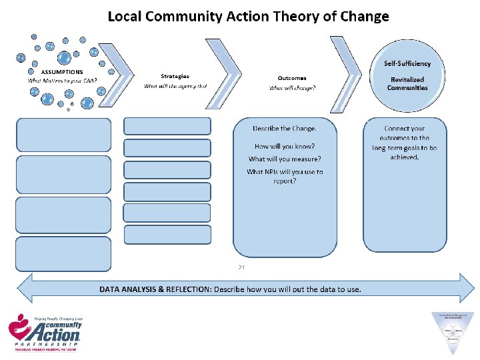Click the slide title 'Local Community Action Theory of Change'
(248, 16)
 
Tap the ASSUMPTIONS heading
(62, 72)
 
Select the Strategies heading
(175, 76)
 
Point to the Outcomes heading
(292, 78)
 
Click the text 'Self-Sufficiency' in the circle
(407, 64)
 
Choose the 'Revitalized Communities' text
(407, 83)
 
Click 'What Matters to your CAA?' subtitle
(62, 81)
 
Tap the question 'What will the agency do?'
(175, 86)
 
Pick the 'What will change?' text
(292, 88)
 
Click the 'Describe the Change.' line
(285, 128)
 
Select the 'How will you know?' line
(285, 146)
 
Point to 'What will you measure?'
(285, 159)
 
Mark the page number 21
(241, 267)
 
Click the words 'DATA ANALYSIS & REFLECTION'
(153, 289)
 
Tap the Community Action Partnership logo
(45, 332)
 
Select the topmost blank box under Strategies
(167, 126)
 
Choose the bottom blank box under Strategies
(167, 235)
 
